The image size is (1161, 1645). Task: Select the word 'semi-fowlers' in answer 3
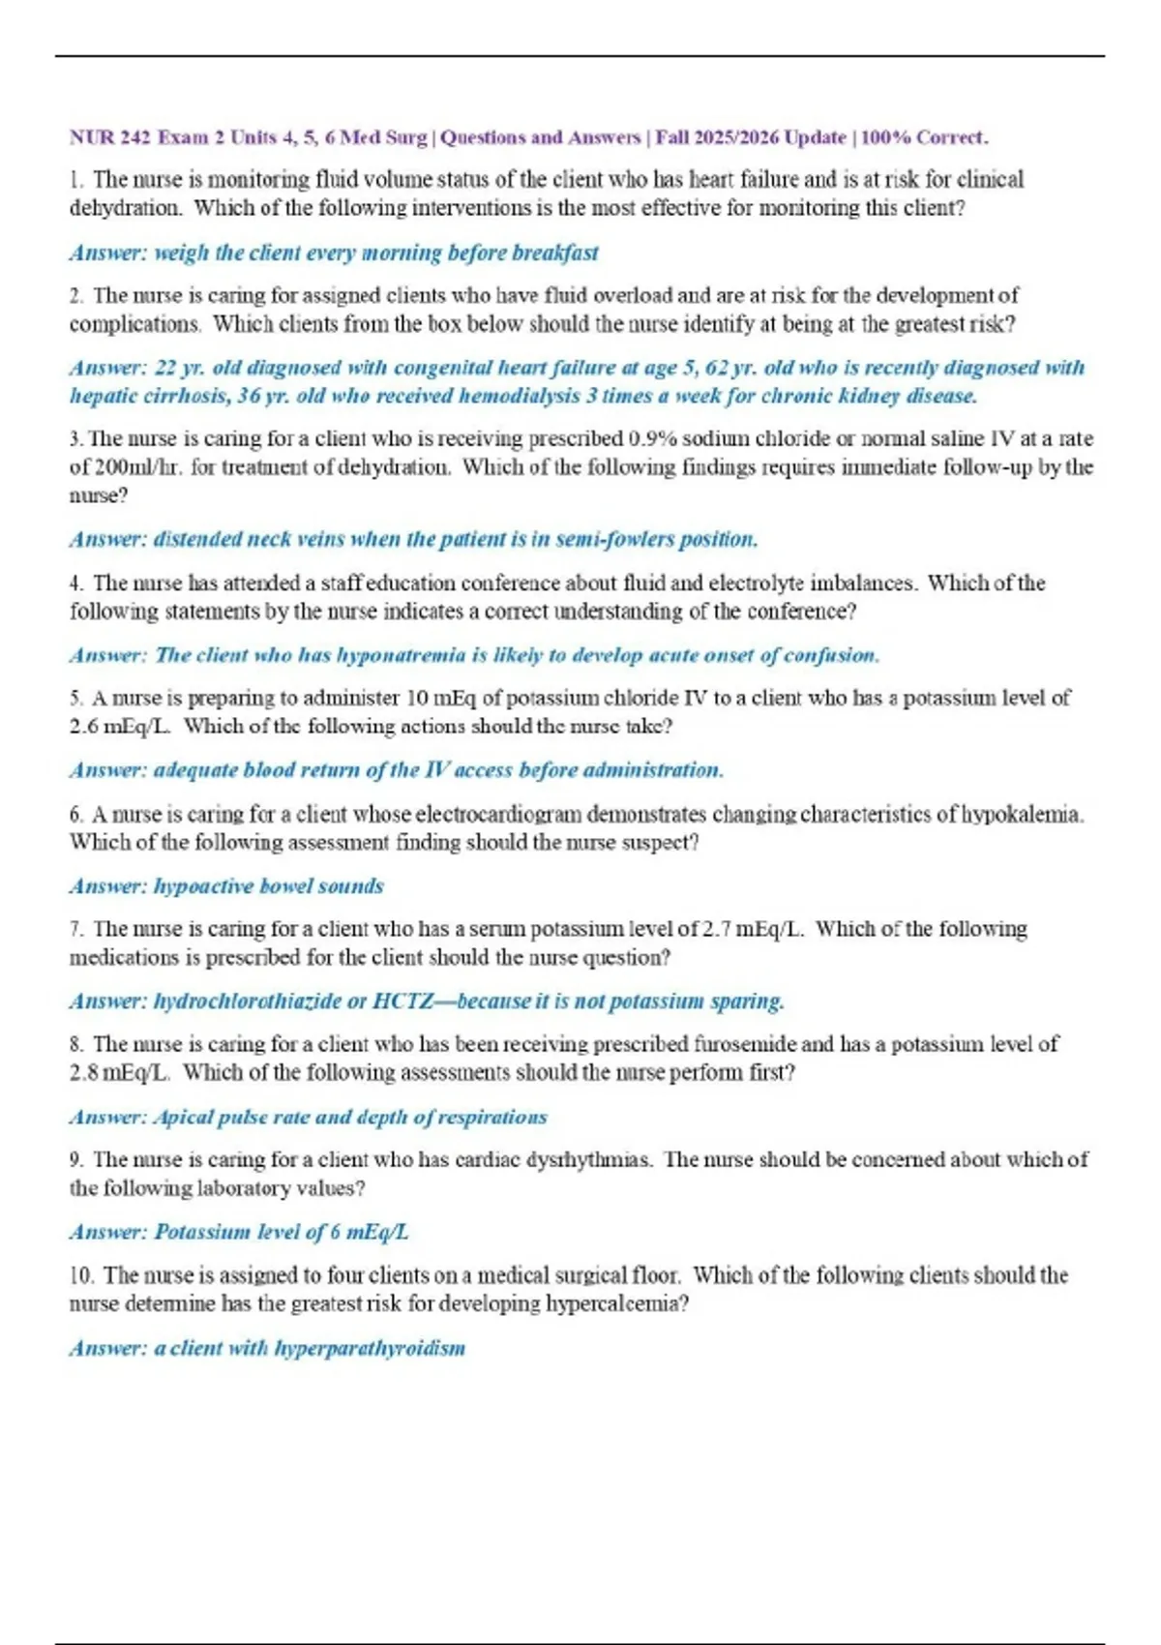(x=612, y=540)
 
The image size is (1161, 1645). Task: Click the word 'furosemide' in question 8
(x=744, y=1045)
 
